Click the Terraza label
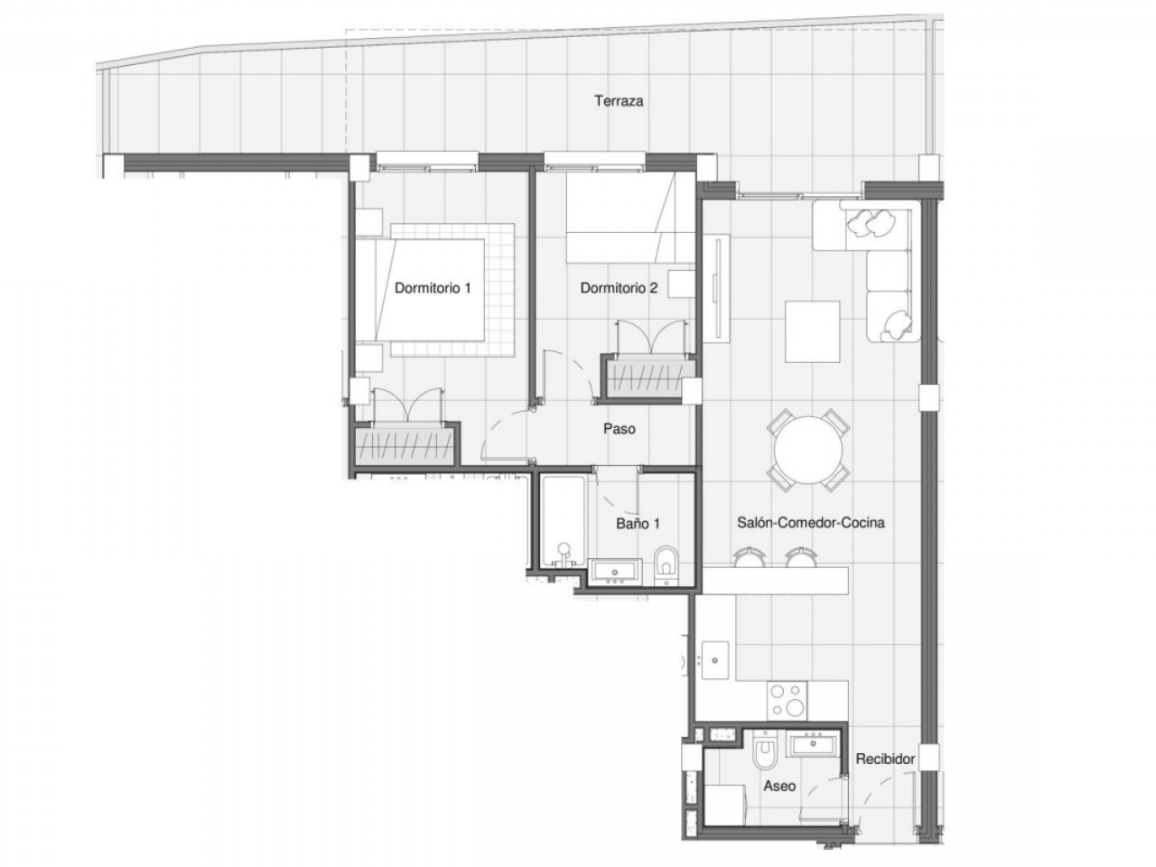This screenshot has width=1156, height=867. point(619,101)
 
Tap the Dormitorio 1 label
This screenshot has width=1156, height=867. point(433,289)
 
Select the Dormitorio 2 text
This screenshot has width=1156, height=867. point(619,289)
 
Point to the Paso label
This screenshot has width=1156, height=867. point(619,428)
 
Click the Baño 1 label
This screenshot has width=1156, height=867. point(638,523)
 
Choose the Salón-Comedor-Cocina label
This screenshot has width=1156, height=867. point(810,523)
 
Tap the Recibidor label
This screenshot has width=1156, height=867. point(885,760)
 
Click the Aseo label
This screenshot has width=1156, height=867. point(778,786)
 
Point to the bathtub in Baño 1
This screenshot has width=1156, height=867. point(564,524)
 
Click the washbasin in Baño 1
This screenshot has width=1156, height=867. point(616,572)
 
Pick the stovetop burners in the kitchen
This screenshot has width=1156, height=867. point(787,700)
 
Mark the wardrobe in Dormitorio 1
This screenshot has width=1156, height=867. point(404,445)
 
